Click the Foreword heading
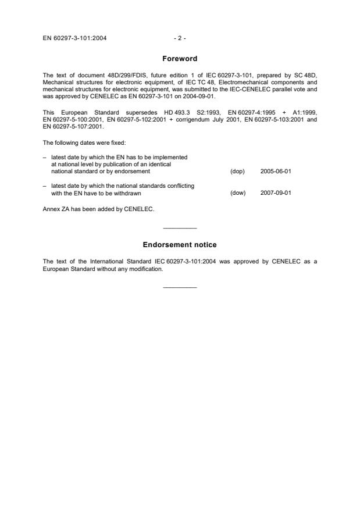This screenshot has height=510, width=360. click(180, 58)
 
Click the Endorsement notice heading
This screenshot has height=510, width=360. click(180, 245)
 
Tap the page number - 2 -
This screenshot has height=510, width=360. click(180, 38)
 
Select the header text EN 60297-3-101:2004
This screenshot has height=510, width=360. click(74, 38)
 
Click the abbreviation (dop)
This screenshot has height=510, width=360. click(237, 172)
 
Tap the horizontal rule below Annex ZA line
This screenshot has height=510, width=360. click(180, 227)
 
